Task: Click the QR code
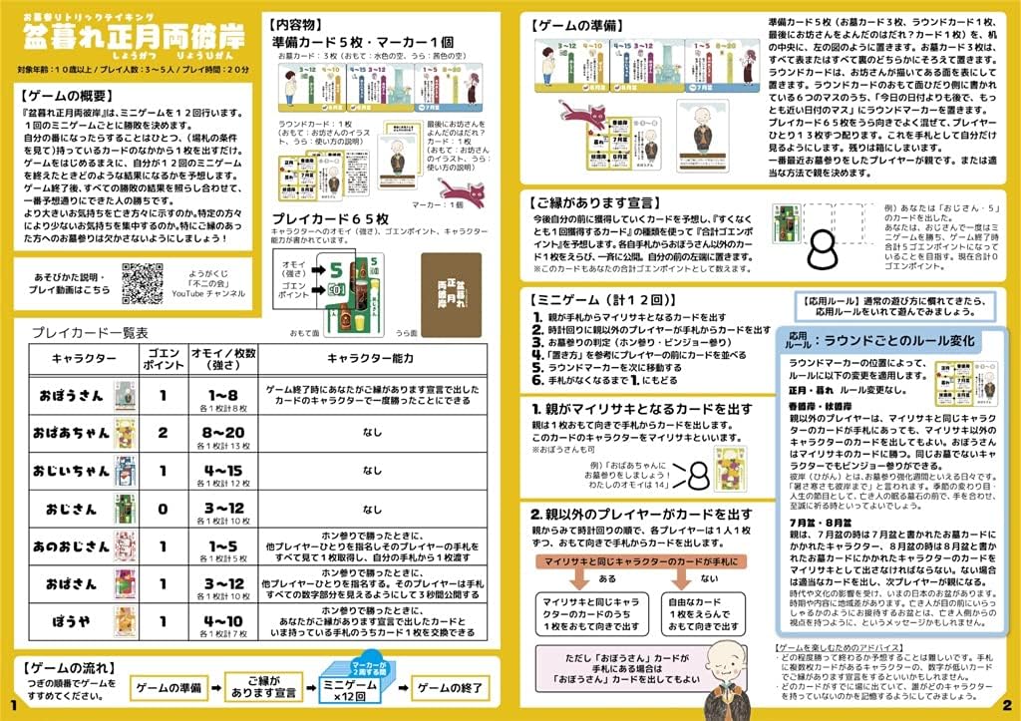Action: pos(143,282)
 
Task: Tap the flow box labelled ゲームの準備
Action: pos(169,688)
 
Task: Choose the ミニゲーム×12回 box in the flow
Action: pos(353,688)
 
